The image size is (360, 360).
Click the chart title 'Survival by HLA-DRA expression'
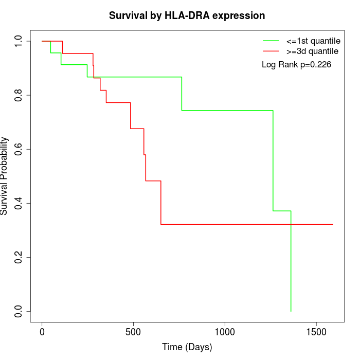point(187,15)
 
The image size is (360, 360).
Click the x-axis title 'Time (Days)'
point(187,347)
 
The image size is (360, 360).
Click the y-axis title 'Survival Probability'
point(5,176)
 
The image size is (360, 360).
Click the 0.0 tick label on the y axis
point(19,311)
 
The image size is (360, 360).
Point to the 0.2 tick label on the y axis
point(19,257)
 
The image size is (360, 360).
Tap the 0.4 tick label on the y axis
point(19,203)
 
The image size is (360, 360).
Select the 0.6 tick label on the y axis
point(19,149)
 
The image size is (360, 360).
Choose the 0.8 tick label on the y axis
point(19,95)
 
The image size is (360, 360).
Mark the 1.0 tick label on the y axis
point(19,41)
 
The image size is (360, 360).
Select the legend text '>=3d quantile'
point(313,51)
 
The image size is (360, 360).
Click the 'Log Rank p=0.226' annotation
point(296,65)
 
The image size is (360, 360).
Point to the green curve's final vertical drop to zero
point(291,267)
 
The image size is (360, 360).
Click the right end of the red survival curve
point(333,224)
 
